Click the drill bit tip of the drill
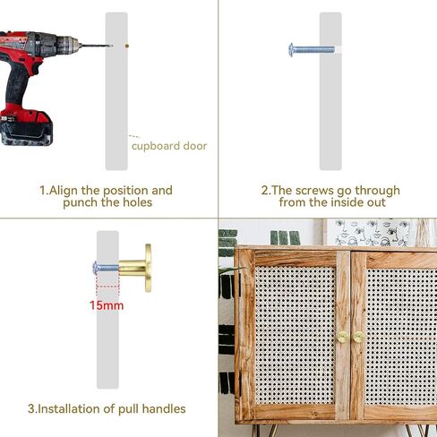click(x=111, y=46)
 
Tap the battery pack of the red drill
click(x=26, y=128)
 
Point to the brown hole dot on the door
click(x=127, y=46)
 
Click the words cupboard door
click(x=169, y=146)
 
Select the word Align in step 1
click(x=64, y=191)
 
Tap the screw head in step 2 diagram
click(x=291, y=49)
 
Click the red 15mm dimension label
click(x=107, y=305)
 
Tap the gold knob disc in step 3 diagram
click(x=149, y=268)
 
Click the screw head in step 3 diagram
click(x=96, y=268)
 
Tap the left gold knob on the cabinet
click(x=342, y=337)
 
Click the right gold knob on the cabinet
click(x=357, y=337)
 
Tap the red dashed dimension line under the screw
click(x=107, y=287)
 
